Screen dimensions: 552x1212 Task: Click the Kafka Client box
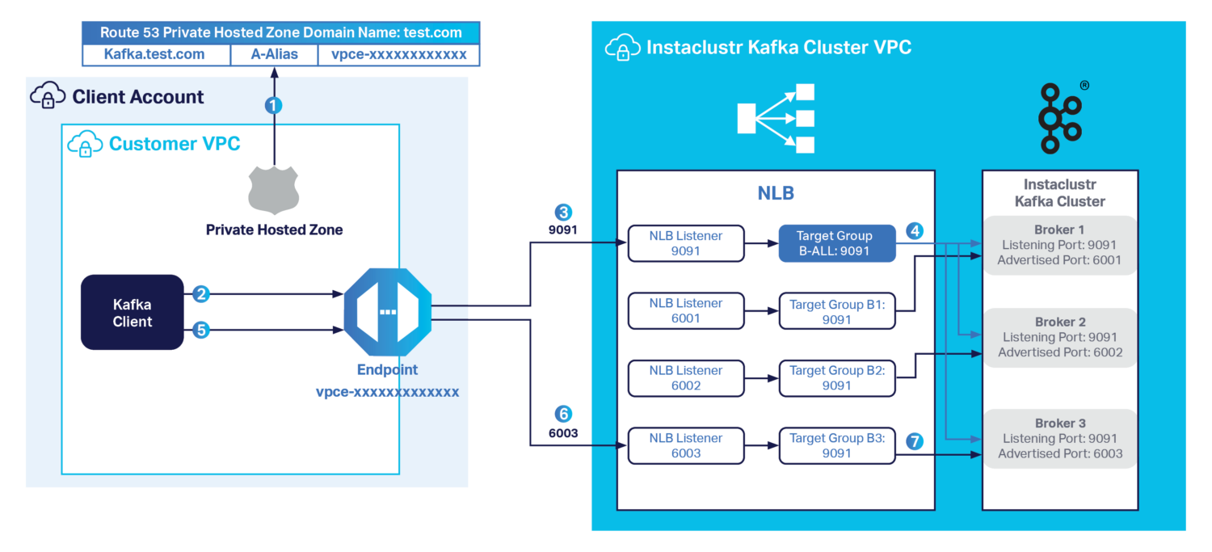[x=133, y=313]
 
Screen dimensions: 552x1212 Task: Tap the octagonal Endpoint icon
[x=387, y=311]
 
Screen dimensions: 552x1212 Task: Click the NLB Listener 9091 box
[x=686, y=243]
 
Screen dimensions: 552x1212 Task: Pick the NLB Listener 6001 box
[x=686, y=310]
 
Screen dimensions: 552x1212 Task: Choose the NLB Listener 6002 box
[x=686, y=378]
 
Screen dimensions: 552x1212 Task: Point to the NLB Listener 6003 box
[x=686, y=445]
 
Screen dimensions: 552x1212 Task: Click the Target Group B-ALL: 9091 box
[x=837, y=243]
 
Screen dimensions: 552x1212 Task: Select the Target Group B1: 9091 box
[x=837, y=311]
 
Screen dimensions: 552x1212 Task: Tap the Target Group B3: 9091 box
[x=837, y=445]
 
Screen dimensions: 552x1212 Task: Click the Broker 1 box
[x=1059, y=245]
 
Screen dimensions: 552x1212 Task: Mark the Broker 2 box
[x=1059, y=337]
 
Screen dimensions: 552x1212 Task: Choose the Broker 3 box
[x=1059, y=438]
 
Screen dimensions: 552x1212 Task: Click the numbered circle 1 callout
[x=274, y=105]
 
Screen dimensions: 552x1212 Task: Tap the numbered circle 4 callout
[x=915, y=230]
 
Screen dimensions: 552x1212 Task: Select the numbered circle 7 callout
[x=915, y=441]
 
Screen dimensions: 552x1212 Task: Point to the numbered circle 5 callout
[x=201, y=330]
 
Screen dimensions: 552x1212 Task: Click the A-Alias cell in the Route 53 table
[x=274, y=55]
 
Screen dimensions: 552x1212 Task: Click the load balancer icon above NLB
[x=776, y=119]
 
